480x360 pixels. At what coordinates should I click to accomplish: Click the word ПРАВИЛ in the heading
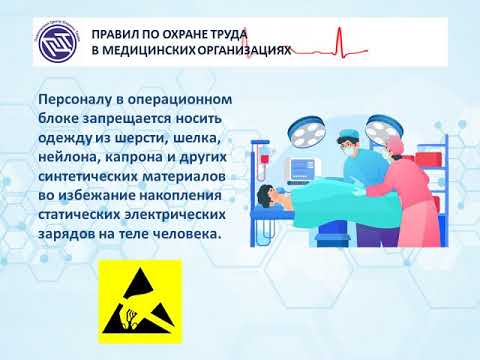click(x=122, y=32)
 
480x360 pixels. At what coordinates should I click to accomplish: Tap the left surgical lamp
click(x=301, y=127)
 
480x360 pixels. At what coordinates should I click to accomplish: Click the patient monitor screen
click(x=304, y=163)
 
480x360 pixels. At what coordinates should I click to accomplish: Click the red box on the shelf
click(x=427, y=158)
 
